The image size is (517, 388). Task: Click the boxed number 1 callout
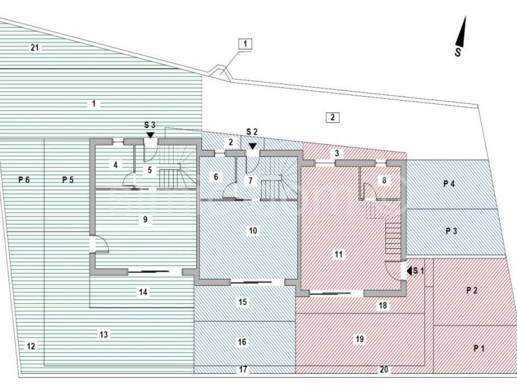coord(245,44)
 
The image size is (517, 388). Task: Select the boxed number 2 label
coord(332,117)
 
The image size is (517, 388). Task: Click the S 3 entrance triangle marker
coord(150,135)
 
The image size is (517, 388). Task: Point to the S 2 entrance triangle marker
coord(252,145)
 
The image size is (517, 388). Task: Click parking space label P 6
coord(24,179)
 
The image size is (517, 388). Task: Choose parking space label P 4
coord(449,184)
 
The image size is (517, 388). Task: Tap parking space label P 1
coord(479,348)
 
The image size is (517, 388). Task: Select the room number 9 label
coord(145,219)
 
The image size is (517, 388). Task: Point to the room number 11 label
coord(338,255)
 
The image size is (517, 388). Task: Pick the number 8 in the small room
coord(384,179)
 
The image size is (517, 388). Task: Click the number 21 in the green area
coord(35,48)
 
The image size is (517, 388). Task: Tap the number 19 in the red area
coord(359,339)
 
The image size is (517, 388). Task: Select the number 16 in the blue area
coord(242,342)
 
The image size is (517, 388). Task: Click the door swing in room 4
coord(129,179)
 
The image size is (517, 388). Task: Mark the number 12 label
coord(31,346)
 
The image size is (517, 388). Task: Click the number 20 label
coord(384,370)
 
